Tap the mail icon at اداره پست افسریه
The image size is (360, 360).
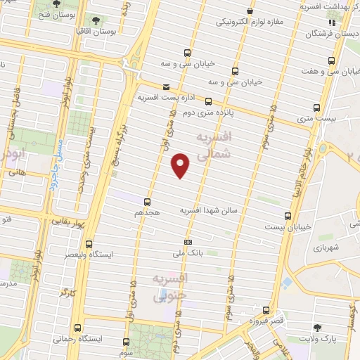[166, 87]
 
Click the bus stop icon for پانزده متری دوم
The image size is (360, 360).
[208, 101]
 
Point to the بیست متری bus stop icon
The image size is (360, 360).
[316, 108]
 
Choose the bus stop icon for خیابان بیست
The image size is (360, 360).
[287, 217]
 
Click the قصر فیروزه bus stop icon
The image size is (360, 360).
[264, 309]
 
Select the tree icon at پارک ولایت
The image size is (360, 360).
[319, 328]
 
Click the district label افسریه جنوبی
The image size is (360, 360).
[170, 287]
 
